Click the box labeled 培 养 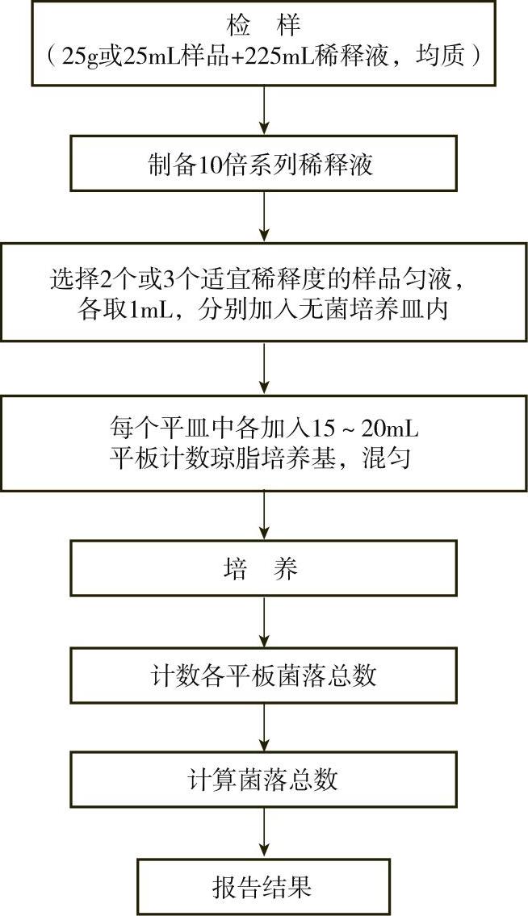pyautogui.click(x=263, y=569)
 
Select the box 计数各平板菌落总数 pyautogui.click(x=263, y=675)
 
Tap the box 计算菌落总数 pyautogui.click(x=263, y=780)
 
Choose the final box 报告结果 pyautogui.click(x=263, y=887)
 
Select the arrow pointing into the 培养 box pyautogui.click(x=264, y=517)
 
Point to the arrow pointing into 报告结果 pyautogui.click(x=264, y=834)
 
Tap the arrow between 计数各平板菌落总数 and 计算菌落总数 pyautogui.click(x=264, y=727)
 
